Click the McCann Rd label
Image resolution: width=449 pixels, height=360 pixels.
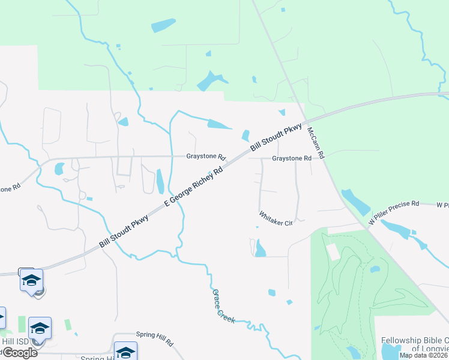316,143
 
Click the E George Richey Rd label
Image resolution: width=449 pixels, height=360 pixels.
194,188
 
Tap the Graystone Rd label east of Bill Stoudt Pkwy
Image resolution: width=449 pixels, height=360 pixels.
291,158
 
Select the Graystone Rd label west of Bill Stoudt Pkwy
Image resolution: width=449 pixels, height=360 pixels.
205,157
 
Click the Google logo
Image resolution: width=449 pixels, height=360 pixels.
19,352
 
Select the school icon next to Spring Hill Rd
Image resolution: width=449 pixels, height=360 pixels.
126,352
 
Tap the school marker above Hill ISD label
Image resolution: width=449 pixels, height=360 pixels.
40,328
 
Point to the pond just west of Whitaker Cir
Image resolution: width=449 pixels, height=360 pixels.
260,248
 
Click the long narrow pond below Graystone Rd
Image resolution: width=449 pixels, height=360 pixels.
160,182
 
